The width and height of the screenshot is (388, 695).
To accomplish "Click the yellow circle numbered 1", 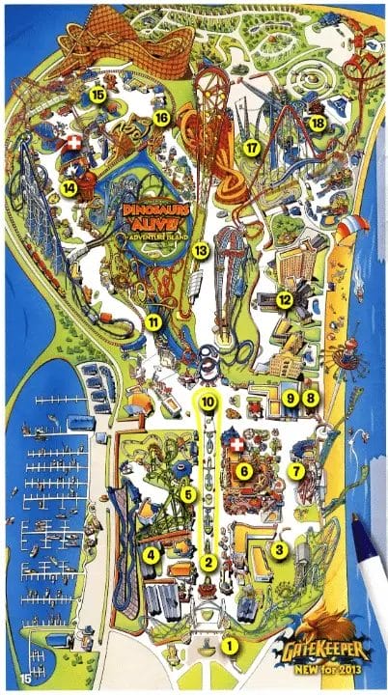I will [x=229, y=645].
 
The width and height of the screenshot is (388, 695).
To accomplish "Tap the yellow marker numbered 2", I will [x=208, y=562].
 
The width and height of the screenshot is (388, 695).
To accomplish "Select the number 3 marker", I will [x=278, y=550].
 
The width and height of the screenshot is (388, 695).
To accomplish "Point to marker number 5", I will [x=188, y=494].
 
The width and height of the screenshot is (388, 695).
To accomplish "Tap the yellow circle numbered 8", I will [x=310, y=398].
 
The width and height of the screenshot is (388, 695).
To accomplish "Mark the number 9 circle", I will [x=291, y=398].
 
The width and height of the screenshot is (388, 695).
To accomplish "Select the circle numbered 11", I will [x=153, y=321].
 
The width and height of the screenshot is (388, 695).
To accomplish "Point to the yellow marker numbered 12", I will [x=284, y=300].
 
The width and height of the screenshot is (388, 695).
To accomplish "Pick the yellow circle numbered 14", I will [x=69, y=187].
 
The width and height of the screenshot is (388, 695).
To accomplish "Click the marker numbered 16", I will [x=160, y=118].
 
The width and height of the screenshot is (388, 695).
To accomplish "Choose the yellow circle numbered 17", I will [x=252, y=148].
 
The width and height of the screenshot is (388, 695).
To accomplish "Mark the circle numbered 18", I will [x=316, y=123].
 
